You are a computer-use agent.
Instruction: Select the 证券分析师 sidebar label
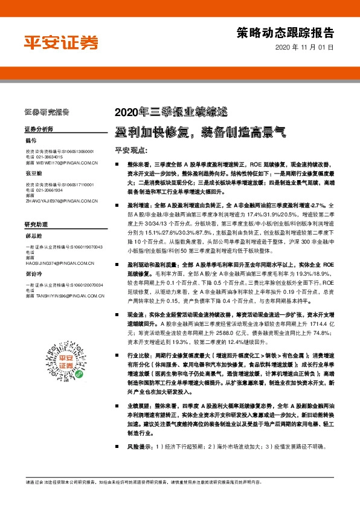coord(39,129)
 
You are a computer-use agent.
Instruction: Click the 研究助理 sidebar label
coord(36,224)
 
